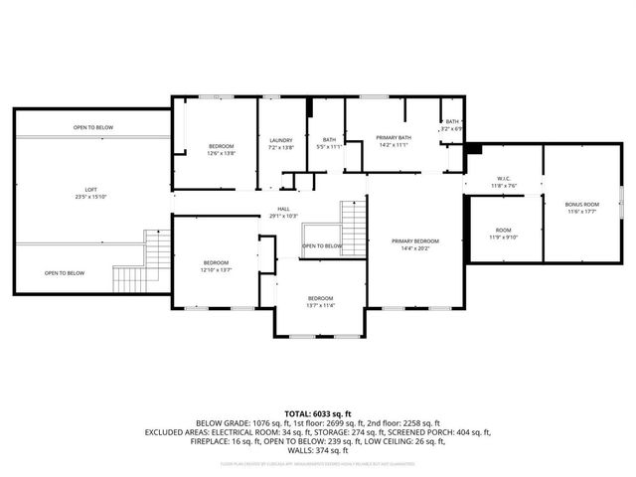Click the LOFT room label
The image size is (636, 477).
(90, 190)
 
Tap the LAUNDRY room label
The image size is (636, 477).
(281, 140)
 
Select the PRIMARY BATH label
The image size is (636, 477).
(393, 137)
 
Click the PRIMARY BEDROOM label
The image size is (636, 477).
(415, 241)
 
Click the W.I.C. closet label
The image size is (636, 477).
(503, 179)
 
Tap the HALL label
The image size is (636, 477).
(283, 210)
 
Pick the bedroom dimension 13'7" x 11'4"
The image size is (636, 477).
(320, 305)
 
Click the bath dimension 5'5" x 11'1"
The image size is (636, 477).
(329, 147)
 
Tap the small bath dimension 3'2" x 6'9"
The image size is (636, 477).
(452, 129)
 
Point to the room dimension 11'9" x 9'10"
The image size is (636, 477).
(503, 238)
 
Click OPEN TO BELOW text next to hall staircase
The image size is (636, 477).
(322, 245)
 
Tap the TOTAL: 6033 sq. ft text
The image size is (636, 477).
(318, 412)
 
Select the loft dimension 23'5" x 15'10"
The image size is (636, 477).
(90, 197)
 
